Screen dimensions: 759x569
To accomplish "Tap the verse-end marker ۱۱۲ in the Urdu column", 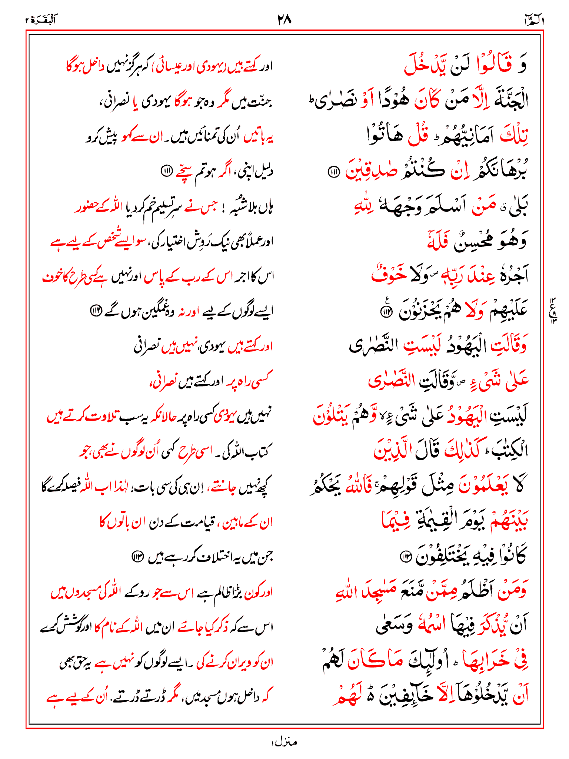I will [x=96, y=311].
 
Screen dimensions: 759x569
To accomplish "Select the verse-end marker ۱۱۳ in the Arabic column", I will [x=405, y=556].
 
